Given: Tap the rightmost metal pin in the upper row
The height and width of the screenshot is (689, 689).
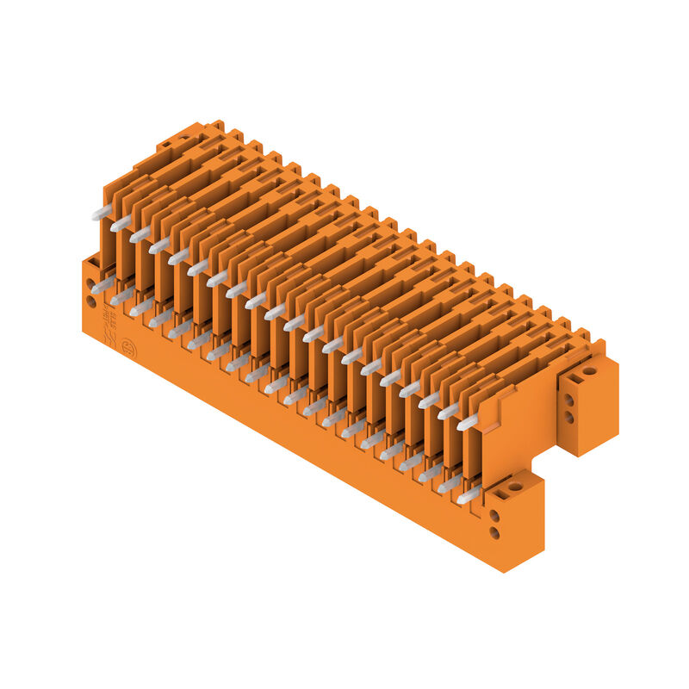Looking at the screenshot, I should [468, 422].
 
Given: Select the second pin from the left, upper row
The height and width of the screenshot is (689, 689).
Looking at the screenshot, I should [121, 223].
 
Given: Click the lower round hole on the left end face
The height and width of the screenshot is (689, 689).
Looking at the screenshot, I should [91, 301].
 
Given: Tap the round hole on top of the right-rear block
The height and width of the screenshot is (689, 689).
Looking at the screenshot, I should [589, 372].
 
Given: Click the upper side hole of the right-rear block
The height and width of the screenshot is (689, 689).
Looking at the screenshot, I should [568, 400].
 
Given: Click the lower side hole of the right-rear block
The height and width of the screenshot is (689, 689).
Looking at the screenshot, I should [568, 417].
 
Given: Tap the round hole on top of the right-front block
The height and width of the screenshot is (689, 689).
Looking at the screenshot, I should [515, 487].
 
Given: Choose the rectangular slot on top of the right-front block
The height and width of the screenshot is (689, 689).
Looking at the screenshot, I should [500, 494].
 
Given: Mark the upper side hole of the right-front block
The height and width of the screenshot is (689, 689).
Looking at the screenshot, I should [494, 515].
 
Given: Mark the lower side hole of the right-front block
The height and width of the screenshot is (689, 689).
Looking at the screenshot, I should [494, 532].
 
